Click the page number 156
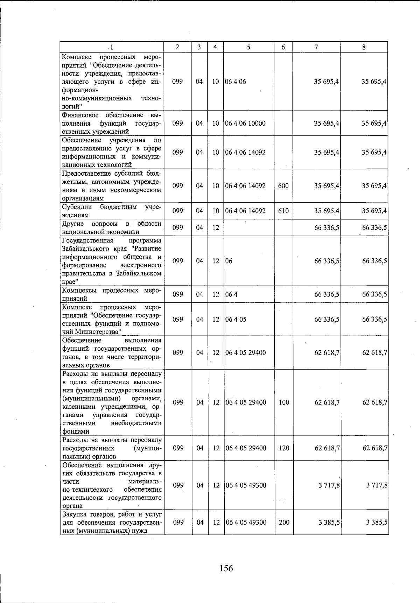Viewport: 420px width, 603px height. [226, 568]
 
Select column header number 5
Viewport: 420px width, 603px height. [248, 47]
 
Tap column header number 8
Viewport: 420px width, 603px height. [364, 47]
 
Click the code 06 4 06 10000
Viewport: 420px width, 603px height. [245, 123]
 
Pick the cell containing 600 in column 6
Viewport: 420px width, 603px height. [283, 186]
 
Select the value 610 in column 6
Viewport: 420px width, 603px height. [283, 211]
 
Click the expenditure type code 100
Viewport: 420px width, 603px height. [284, 402]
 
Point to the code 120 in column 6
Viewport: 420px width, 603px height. [284, 448]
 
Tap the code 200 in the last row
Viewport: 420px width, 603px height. [284, 522]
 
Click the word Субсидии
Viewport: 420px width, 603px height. [77, 207]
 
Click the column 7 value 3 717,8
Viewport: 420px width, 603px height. [329, 485]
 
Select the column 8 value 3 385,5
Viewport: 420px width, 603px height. [376, 522]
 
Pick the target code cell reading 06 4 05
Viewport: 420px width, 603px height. [236, 319]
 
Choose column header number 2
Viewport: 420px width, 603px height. [178, 47]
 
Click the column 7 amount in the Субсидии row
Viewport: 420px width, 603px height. [327, 211]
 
